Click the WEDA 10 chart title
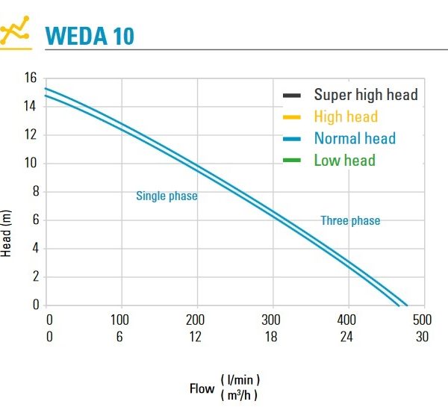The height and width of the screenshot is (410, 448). pyautogui.click(x=90, y=35)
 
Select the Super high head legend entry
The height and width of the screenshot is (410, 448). pyautogui.click(x=365, y=95)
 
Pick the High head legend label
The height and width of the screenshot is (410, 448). pyautogui.click(x=346, y=117)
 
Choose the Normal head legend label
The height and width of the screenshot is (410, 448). pyautogui.click(x=355, y=138)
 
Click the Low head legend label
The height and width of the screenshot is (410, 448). pyautogui.click(x=344, y=160)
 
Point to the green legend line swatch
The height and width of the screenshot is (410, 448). pyautogui.click(x=292, y=161)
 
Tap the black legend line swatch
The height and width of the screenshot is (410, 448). pyautogui.click(x=292, y=96)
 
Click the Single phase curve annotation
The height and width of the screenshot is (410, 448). pyautogui.click(x=167, y=196)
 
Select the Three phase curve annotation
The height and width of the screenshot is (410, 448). pyautogui.click(x=350, y=220)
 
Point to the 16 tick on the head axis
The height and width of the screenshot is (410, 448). pyautogui.click(x=31, y=78)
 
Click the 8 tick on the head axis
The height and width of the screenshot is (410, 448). pyautogui.click(x=34, y=191)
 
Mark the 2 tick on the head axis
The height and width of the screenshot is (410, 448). pyautogui.click(x=34, y=276)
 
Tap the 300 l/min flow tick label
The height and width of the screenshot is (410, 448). pyautogui.click(x=271, y=320)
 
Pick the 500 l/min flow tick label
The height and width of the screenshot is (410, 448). pyautogui.click(x=423, y=320)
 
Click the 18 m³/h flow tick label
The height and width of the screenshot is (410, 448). pyautogui.click(x=271, y=336)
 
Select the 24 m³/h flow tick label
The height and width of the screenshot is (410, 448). pyautogui.click(x=346, y=336)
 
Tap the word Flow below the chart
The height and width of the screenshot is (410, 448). pyautogui.click(x=202, y=388)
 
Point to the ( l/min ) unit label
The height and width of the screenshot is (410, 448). pyautogui.click(x=240, y=380)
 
